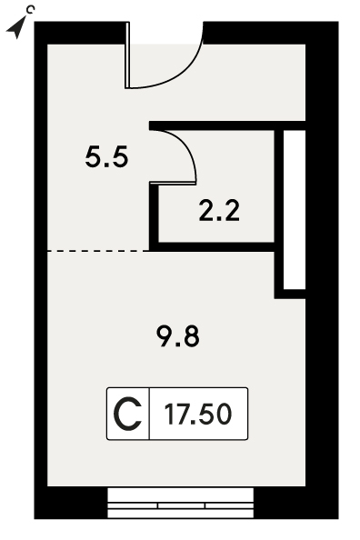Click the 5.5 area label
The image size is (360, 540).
[x=106, y=156]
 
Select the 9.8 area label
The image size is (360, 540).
[x=178, y=336]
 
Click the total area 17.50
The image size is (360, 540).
[x=198, y=414]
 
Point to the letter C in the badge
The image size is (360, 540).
[x=128, y=414]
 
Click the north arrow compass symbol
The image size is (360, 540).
[x=16, y=28]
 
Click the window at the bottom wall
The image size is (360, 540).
[x=181, y=503]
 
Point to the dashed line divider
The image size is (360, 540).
[x=98, y=251]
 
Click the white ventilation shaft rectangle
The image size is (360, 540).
[x=295, y=210]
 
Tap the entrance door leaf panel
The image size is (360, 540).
[x=127, y=55]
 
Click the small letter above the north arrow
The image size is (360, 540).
[x=31, y=9]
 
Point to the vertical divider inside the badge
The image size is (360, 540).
[x=149, y=414]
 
